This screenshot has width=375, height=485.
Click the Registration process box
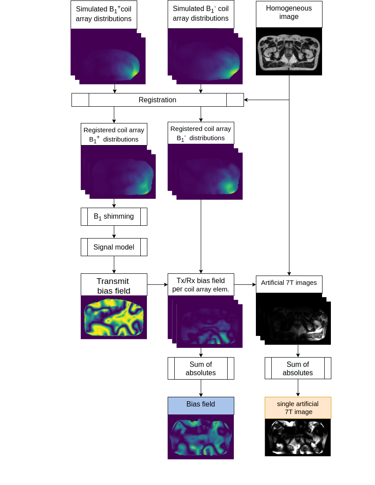pos(157,100)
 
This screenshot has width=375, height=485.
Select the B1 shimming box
pos(114,216)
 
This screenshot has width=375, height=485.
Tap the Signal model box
pos(114,247)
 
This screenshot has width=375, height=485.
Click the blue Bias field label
pos(201,406)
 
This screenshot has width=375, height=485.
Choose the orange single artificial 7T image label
pos(298,408)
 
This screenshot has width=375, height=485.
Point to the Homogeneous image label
pos(289,14)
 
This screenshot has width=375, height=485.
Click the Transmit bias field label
pos(114,284)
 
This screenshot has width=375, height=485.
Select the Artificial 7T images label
pos(289,284)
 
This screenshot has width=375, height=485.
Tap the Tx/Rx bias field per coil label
pos(201,284)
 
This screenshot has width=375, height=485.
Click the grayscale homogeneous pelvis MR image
pos(289,51)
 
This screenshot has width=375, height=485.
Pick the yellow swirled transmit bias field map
pos(114,317)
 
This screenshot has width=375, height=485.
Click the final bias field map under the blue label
pos(201,437)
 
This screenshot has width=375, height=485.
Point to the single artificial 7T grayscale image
pos(298,437)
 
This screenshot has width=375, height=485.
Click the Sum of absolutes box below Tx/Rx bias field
pos(201,369)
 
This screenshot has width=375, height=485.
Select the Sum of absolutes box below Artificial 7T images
pos(298,368)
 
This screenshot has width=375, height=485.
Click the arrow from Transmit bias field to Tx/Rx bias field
pos(157,284)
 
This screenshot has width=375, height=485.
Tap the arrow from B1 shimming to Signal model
pos(114,232)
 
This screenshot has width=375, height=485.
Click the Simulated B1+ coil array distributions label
pos(104,15)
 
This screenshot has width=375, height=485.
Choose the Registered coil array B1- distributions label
pos(201,133)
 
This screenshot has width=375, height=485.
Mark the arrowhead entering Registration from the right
pos(246,100)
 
